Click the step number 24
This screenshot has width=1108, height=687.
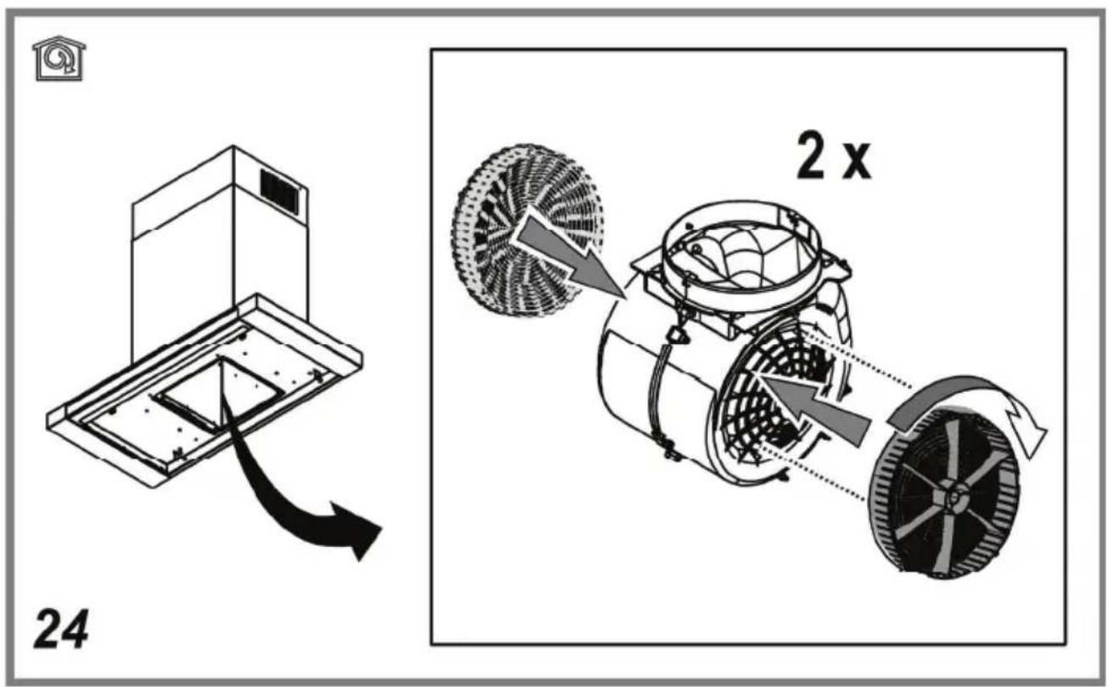[x=61, y=628]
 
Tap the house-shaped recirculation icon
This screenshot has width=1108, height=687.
[x=59, y=59]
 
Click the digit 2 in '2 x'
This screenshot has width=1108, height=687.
[x=811, y=156]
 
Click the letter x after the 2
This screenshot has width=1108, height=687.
[x=857, y=162]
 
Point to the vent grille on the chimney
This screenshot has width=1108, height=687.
[x=280, y=192]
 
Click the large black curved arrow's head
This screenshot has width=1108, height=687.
[x=357, y=530]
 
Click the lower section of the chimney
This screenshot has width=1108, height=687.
[x=220, y=287]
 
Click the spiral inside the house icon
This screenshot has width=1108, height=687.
[x=56, y=59]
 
